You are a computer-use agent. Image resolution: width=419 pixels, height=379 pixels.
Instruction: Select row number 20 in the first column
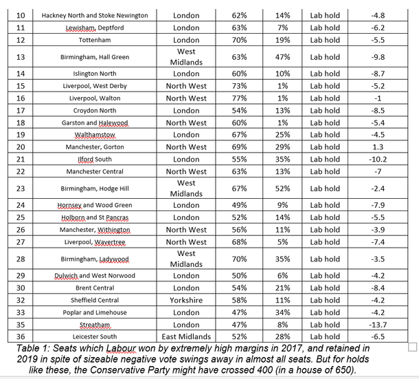[19, 147]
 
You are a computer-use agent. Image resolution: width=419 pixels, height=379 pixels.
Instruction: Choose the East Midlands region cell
[186, 337]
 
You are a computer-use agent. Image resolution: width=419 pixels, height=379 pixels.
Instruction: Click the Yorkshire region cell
[186, 300]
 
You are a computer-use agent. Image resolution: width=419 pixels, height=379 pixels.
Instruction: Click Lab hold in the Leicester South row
[325, 337]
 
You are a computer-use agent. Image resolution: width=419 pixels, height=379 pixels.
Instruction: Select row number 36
[19, 337]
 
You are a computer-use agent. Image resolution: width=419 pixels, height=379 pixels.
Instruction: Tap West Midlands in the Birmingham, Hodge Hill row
[186, 188]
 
